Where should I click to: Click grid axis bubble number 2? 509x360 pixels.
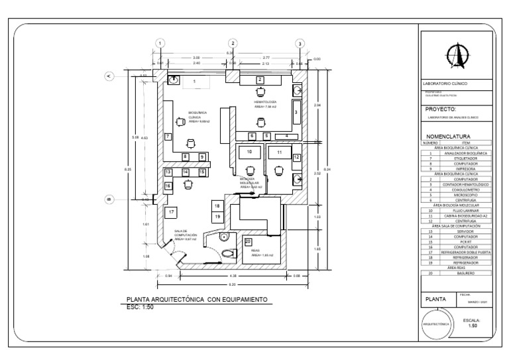[232, 43]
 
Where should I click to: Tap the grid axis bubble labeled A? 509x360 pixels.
[109, 76]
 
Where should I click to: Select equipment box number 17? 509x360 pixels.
[171, 212]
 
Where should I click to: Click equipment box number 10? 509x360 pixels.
[249, 152]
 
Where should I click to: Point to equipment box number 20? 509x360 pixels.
[248, 241]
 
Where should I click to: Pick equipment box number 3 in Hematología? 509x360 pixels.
[296, 113]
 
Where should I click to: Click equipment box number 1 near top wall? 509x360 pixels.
[194, 81]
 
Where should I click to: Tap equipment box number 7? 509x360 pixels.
[168, 136]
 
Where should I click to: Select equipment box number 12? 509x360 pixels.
[296, 157]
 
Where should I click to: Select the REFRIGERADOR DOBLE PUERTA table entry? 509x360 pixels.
[465, 253]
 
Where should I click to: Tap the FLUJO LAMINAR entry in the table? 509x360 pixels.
[465, 211]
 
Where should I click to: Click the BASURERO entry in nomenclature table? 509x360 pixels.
[465, 272]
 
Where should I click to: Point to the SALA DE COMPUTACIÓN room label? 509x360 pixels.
[186, 233]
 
